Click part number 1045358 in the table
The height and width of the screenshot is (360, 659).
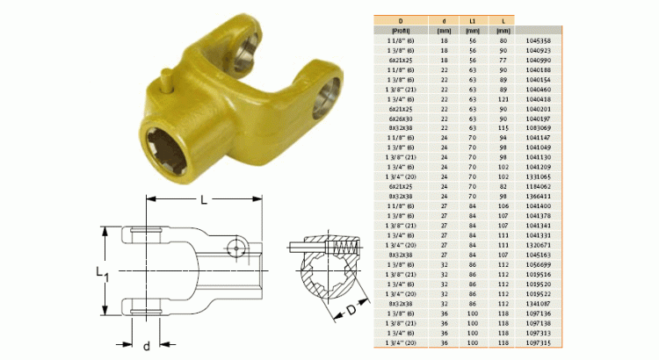pyautogui.click(x=538, y=40)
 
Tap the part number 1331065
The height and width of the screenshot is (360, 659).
pyautogui.click(x=538, y=176)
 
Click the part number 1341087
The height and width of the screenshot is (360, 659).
pyautogui.click(x=538, y=304)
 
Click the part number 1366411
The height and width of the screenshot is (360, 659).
pyautogui.click(x=538, y=196)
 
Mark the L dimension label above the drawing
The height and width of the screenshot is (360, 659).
pyautogui.click(x=204, y=200)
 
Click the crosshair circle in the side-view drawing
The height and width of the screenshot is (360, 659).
pyautogui.click(x=235, y=248)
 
